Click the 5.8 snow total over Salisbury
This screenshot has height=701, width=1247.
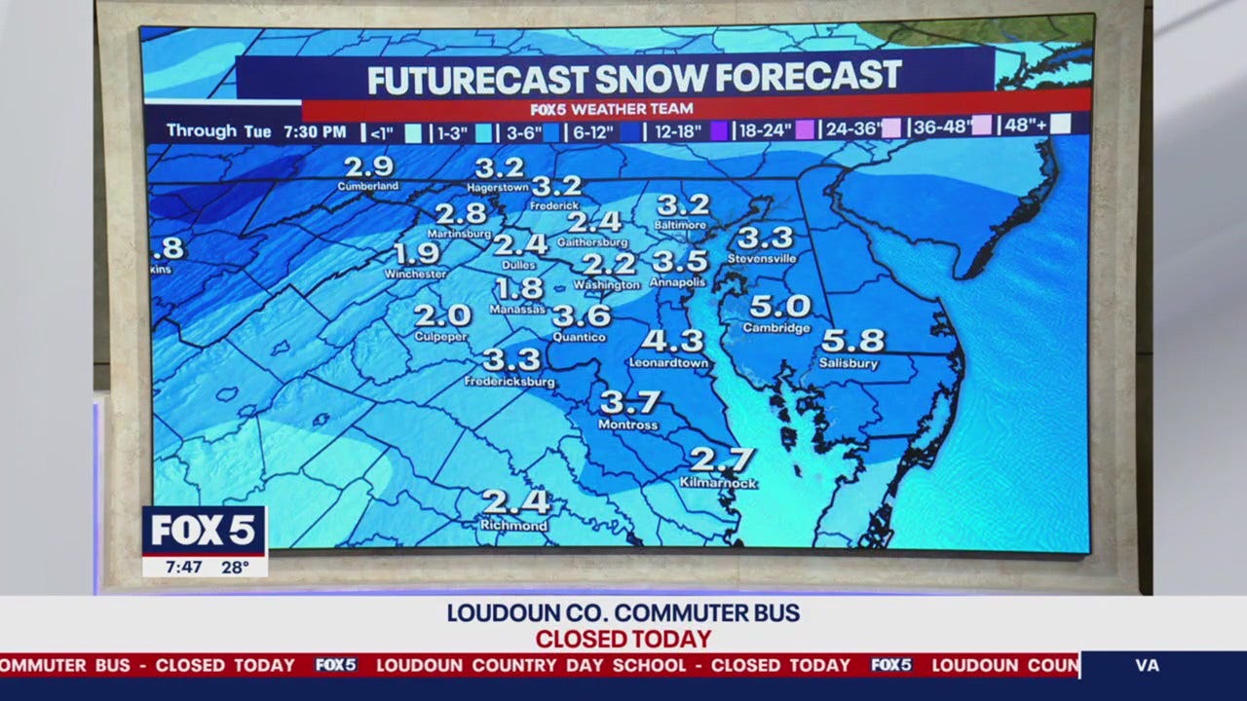click(x=852, y=341)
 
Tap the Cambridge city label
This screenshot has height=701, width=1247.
click(x=776, y=328)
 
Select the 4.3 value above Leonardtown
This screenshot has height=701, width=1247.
click(x=672, y=341)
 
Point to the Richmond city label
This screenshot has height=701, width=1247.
click(x=513, y=526)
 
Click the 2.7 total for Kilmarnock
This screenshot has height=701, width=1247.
click(x=722, y=460)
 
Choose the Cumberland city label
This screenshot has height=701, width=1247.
click(x=368, y=186)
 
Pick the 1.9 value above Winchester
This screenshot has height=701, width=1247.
click(x=416, y=254)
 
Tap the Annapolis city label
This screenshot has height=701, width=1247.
click(x=678, y=282)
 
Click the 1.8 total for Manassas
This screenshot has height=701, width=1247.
click(x=519, y=288)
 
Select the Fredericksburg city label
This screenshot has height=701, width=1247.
click(x=510, y=382)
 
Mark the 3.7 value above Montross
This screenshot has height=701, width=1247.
click(x=629, y=402)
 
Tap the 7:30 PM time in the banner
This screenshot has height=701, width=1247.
click(x=315, y=131)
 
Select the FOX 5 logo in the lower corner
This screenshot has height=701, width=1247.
click(x=204, y=531)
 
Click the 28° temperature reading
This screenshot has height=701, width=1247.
click(x=235, y=567)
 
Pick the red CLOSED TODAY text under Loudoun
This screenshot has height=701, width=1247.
click(x=623, y=640)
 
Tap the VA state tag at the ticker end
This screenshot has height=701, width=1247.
click(x=1148, y=666)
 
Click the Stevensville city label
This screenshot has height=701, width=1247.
click(x=762, y=259)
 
